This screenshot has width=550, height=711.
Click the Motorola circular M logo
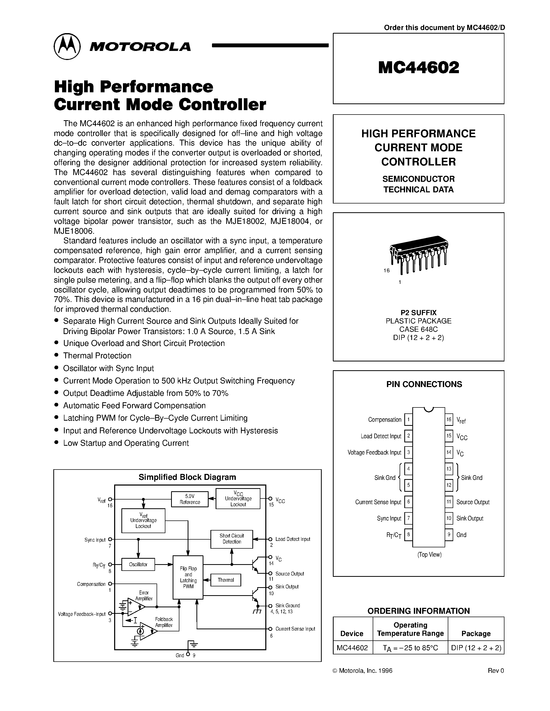tap(67, 46)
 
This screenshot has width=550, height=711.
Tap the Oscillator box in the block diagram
tap(138, 564)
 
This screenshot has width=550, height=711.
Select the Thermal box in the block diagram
tap(226, 580)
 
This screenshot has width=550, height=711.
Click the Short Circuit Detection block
tap(232, 539)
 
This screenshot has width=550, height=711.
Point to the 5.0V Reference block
tap(190, 499)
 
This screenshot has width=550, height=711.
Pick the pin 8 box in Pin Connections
tap(408, 535)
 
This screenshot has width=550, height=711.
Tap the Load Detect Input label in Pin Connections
tap(380, 436)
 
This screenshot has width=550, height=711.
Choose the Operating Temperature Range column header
tap(410, 629)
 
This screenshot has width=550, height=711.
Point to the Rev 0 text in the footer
tap(496, 671)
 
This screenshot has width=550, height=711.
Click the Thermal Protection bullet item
tap(97, 355)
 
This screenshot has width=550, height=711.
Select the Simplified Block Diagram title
tap(187, 477)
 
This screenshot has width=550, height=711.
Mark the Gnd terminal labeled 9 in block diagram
tap(188, 654)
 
